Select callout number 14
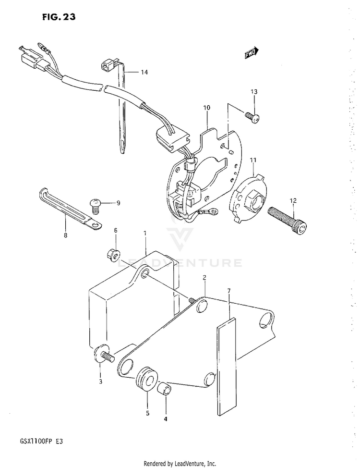(144, 72)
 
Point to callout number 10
(206, 108)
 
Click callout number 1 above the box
(144, 233)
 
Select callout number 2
(204, 278)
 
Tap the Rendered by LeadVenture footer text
(180, 463)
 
